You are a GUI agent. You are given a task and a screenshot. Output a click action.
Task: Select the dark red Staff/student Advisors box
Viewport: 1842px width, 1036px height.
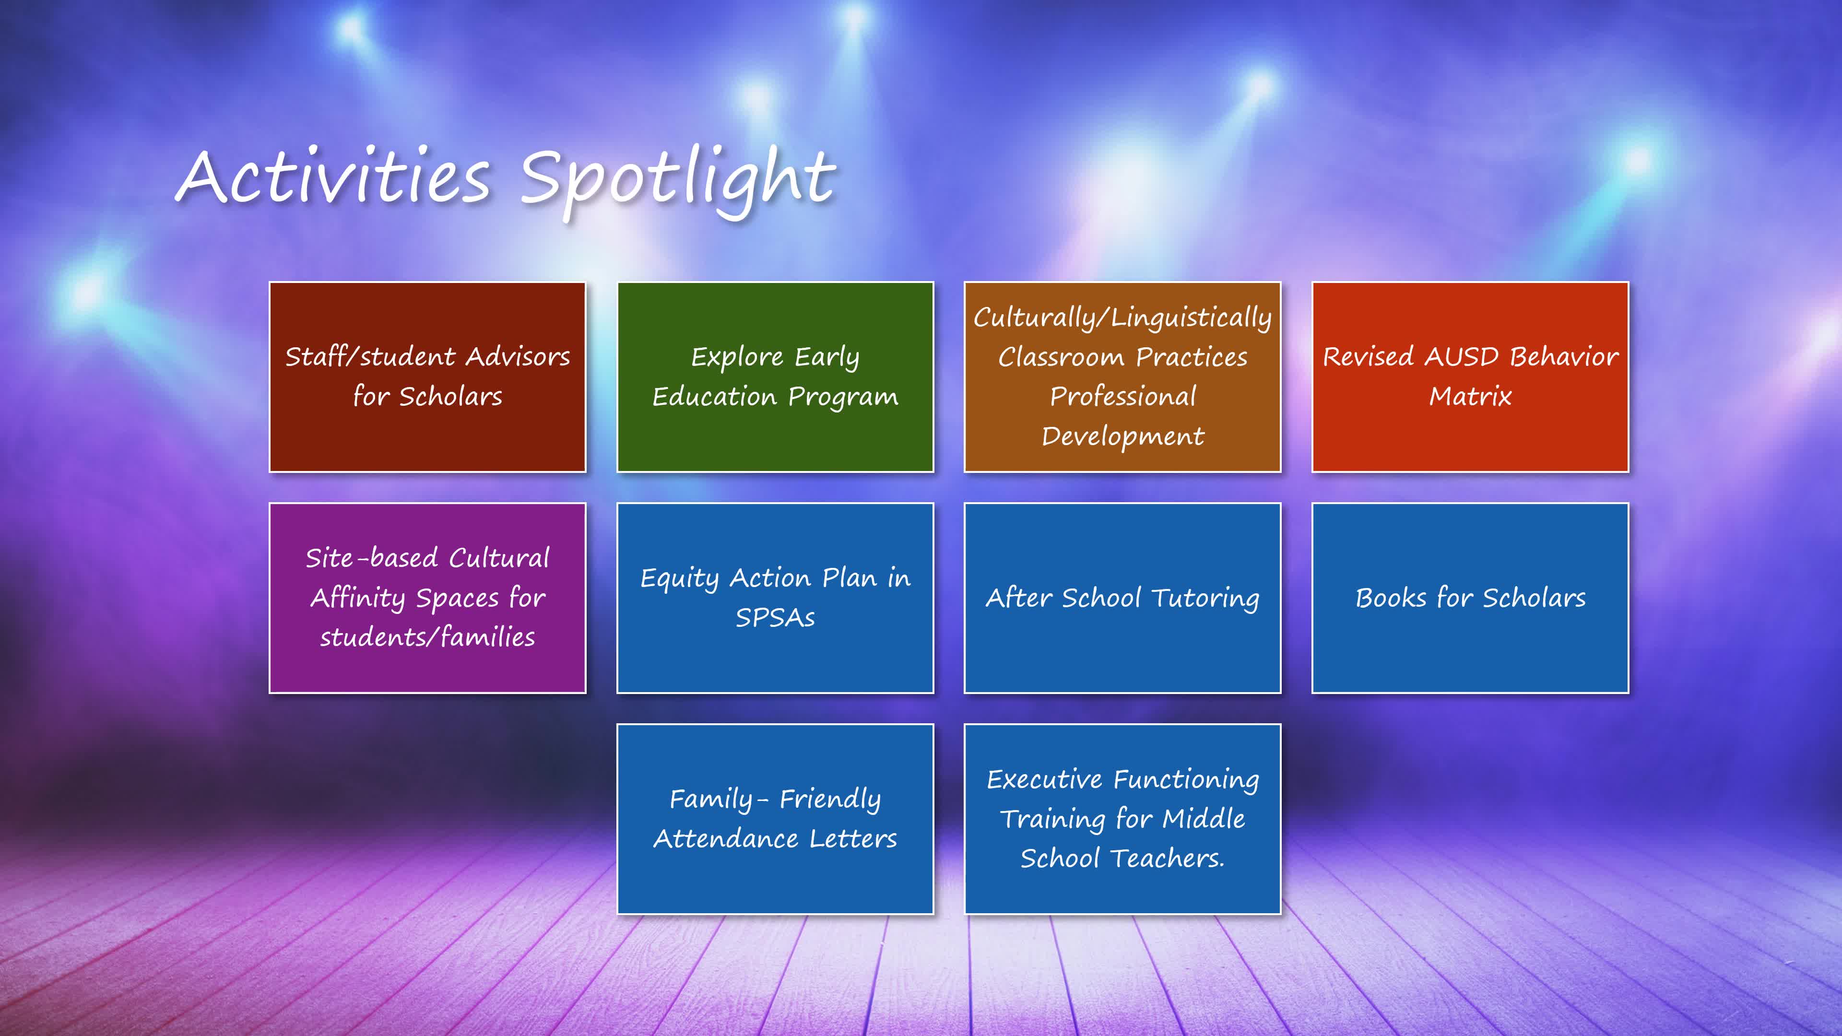[427, 377]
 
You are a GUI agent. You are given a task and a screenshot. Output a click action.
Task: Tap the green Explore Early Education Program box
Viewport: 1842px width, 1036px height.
[775, 377]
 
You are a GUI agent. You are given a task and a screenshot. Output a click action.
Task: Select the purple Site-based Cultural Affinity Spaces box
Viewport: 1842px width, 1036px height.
[427, 598]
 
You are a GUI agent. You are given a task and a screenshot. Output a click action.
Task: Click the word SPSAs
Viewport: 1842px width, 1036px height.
[775, 617]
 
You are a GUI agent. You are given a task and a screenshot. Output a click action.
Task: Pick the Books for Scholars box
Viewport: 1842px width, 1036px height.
[1470, 598]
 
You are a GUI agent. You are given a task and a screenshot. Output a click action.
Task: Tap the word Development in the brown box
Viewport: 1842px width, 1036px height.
[1122, 436]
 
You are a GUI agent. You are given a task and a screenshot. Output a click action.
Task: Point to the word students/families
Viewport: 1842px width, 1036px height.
[427, 637]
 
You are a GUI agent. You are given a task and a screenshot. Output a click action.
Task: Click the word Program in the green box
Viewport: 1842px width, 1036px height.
[843, 397]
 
